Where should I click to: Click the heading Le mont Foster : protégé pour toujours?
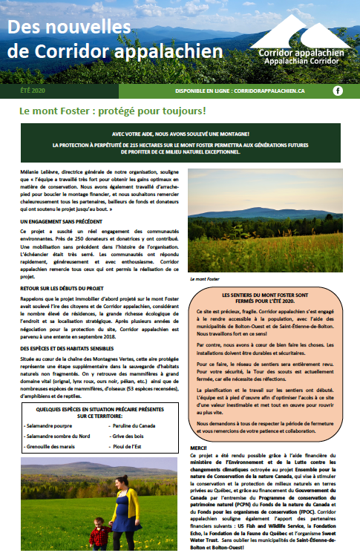(113, 111)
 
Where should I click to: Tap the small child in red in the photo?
(96, 535)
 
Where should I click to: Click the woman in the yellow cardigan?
(120, 512)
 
